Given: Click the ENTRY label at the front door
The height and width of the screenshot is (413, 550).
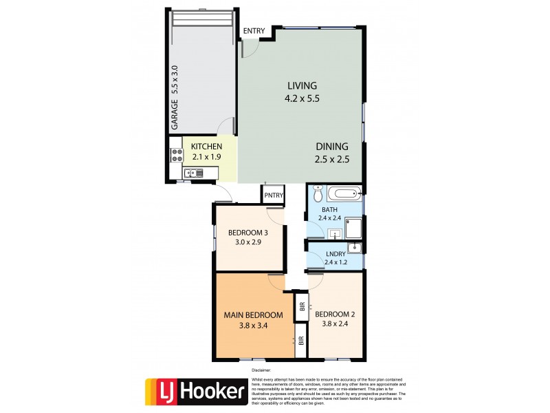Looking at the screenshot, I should point(253,31).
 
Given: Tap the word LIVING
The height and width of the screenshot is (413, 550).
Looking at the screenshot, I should point(302,86).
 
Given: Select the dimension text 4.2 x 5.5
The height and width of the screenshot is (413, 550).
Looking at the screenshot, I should point(302,98).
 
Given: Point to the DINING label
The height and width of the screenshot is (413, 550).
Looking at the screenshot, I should point(332,147).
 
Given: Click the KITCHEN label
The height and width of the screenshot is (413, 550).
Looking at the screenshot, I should point(206,147).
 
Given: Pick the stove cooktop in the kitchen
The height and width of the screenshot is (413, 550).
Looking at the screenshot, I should point(175,156).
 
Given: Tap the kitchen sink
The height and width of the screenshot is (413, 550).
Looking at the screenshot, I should point(192,173).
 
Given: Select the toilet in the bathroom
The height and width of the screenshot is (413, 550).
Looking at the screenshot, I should point(317,191).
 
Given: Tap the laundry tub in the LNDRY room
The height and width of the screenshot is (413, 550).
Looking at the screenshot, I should point(353,248).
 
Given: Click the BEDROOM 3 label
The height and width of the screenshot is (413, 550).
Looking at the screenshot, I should point(247,232).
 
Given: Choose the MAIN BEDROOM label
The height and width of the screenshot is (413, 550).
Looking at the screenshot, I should point(253,315).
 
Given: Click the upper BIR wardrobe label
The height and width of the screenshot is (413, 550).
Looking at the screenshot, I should point(301,306).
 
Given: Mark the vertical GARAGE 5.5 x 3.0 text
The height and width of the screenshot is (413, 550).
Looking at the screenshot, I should point(175,98).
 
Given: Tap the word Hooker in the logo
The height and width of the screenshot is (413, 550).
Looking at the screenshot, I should point(212,392).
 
